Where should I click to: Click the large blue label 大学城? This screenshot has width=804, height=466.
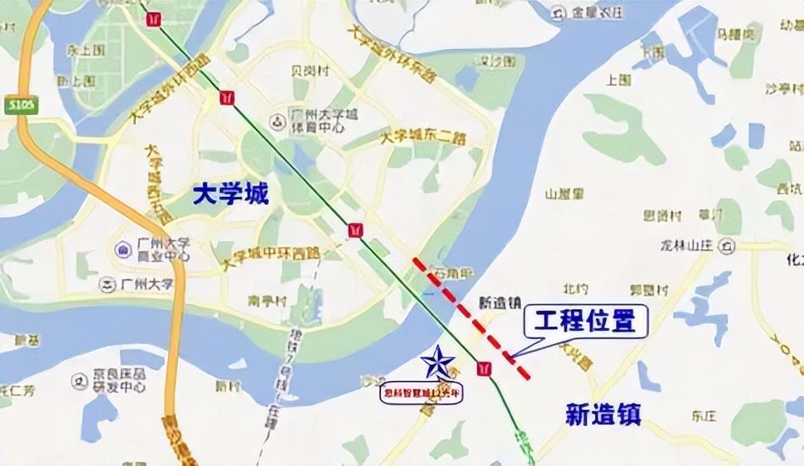[230, 194]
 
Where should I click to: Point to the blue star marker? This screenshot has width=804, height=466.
[438, 363]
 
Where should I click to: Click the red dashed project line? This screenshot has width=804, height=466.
[472, 317]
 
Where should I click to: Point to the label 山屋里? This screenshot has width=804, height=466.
[564, 194]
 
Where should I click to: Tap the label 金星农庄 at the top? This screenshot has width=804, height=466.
[592, 13]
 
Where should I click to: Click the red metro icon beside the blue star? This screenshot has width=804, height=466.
[483, 368]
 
